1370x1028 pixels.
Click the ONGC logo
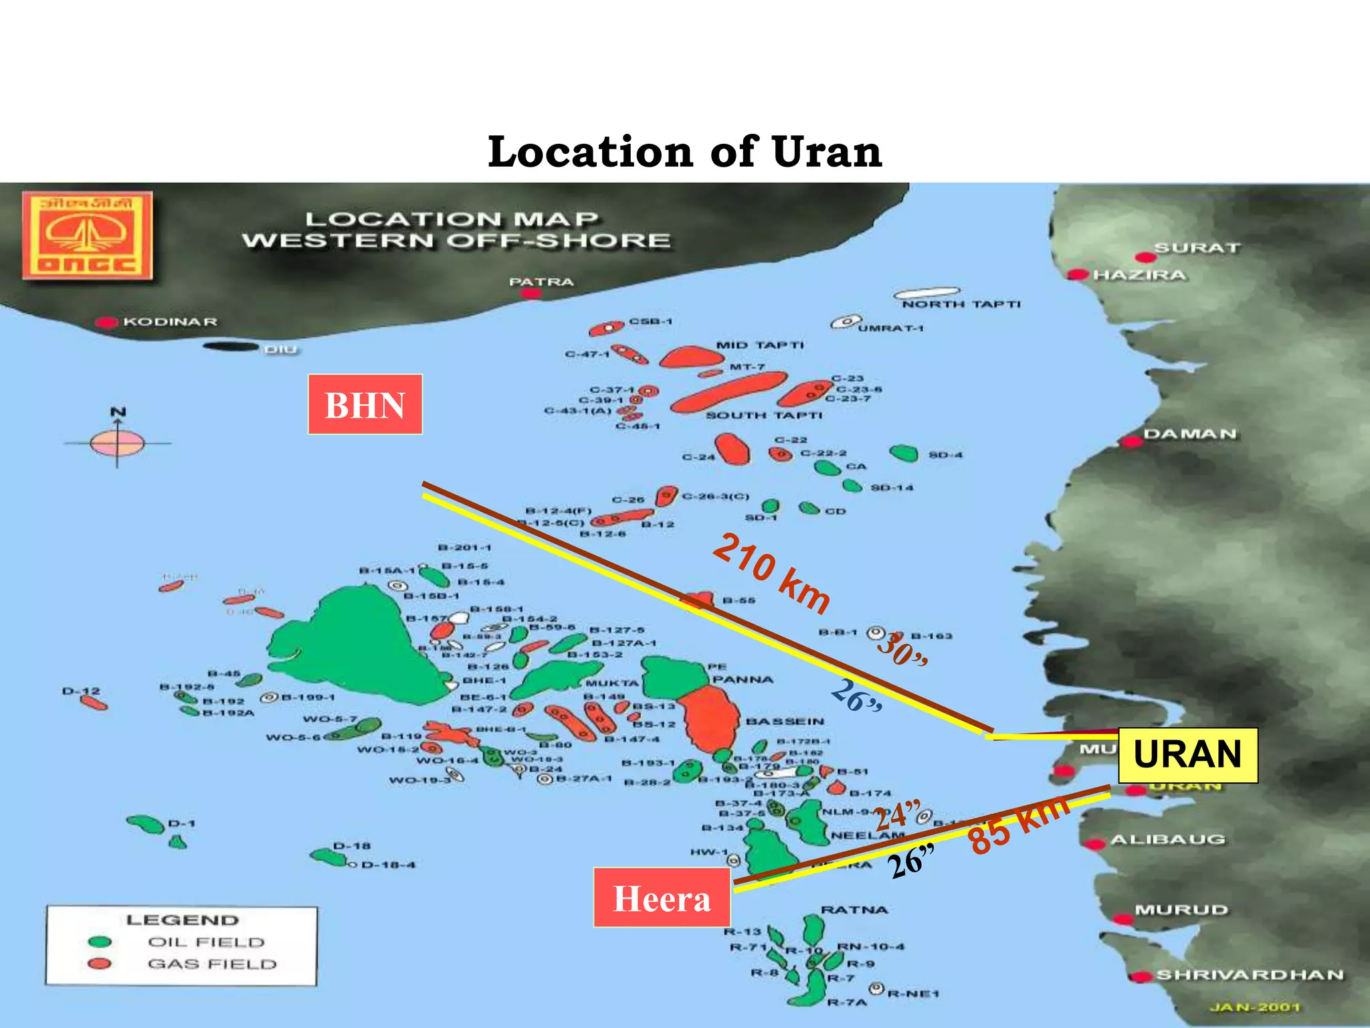tap(87, 235)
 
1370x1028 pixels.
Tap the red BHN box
tap(365, 405)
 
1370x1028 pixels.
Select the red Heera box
tap(662, 897)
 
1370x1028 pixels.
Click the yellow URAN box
tap(1188, 755)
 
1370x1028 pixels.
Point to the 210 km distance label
tap(771, 573)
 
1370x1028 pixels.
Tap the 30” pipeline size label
tap(902, 648)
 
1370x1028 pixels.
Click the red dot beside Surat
tap(1145, 258)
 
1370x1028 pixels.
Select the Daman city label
tap(1190, 434)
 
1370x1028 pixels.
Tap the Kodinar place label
tap(170, 322)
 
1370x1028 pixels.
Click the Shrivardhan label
tap(1250, 974)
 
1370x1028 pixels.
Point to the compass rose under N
tap(117, 443)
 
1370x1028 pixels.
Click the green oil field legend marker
tap(100, 942)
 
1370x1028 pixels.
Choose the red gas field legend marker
tap(100, 964)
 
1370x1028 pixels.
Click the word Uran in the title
tap(827, 152)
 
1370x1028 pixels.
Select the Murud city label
tap(1181, 910)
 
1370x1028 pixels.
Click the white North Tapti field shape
tap(926, 293)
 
